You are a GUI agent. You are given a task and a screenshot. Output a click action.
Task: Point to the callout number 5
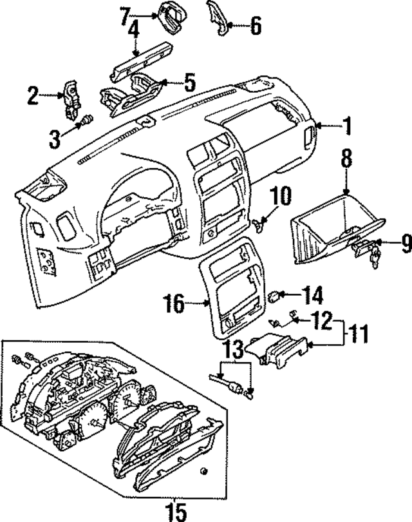click(x=189, y=82)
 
